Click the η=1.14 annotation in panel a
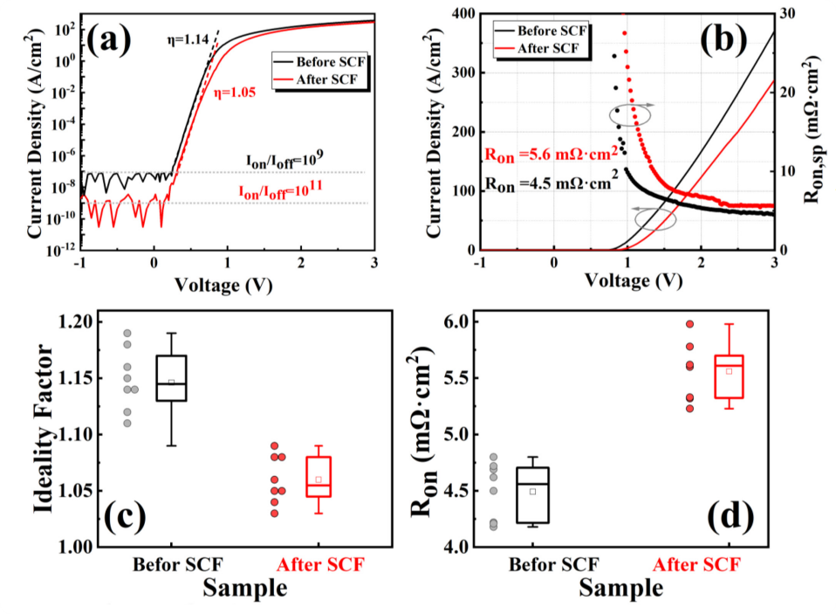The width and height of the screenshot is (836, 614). (187, 39)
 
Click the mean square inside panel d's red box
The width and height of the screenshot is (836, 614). (730, 370)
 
